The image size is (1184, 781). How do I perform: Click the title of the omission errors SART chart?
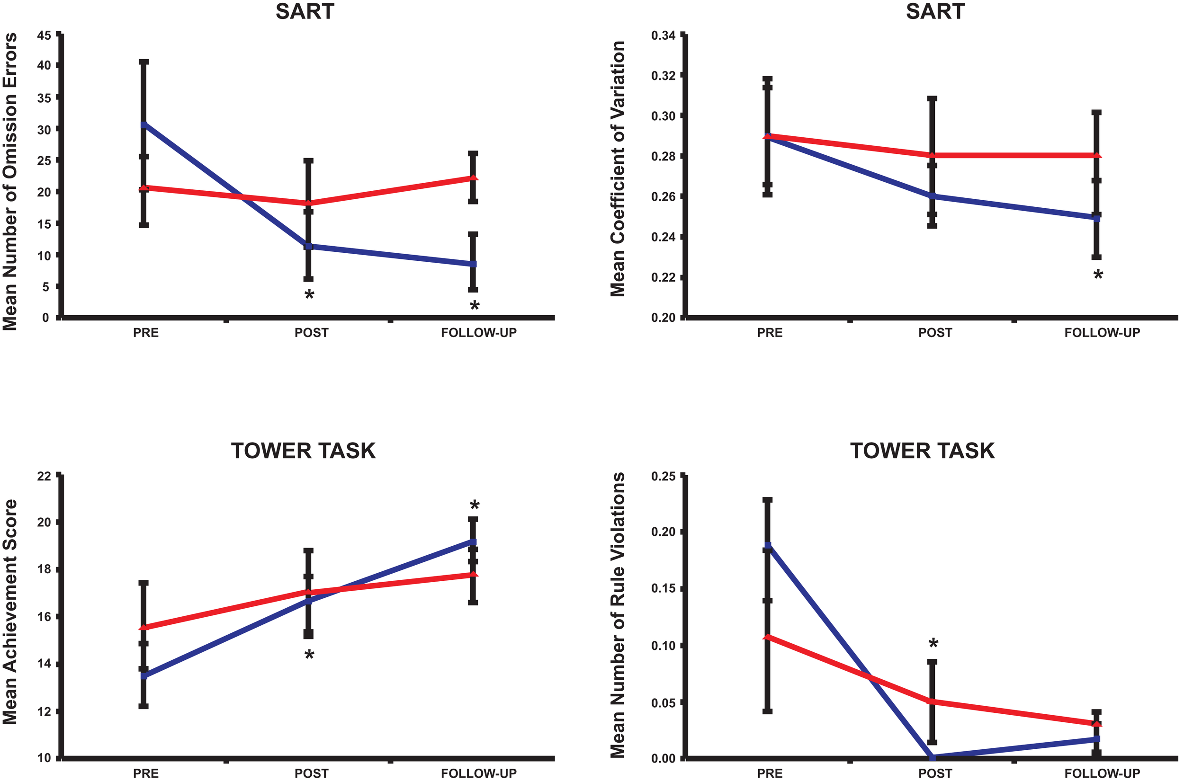click(305, 11)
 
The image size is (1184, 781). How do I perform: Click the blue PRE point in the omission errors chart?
click(144, 124)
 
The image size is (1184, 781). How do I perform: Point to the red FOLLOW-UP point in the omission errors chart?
click(474, 178)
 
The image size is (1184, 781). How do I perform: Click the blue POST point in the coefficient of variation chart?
click(932, 196)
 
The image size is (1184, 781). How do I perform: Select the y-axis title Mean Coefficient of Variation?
click(618, 169)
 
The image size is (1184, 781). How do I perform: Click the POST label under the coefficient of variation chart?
click(935, 333)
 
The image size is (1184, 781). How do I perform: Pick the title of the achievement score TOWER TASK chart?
click(303, 451)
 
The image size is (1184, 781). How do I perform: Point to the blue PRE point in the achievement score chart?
click(144, 676)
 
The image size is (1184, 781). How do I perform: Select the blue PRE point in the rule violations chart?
click(768, 545)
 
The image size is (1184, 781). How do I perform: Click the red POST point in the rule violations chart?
click(932, 701)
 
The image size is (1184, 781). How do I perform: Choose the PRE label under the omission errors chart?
click(145, 333)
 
